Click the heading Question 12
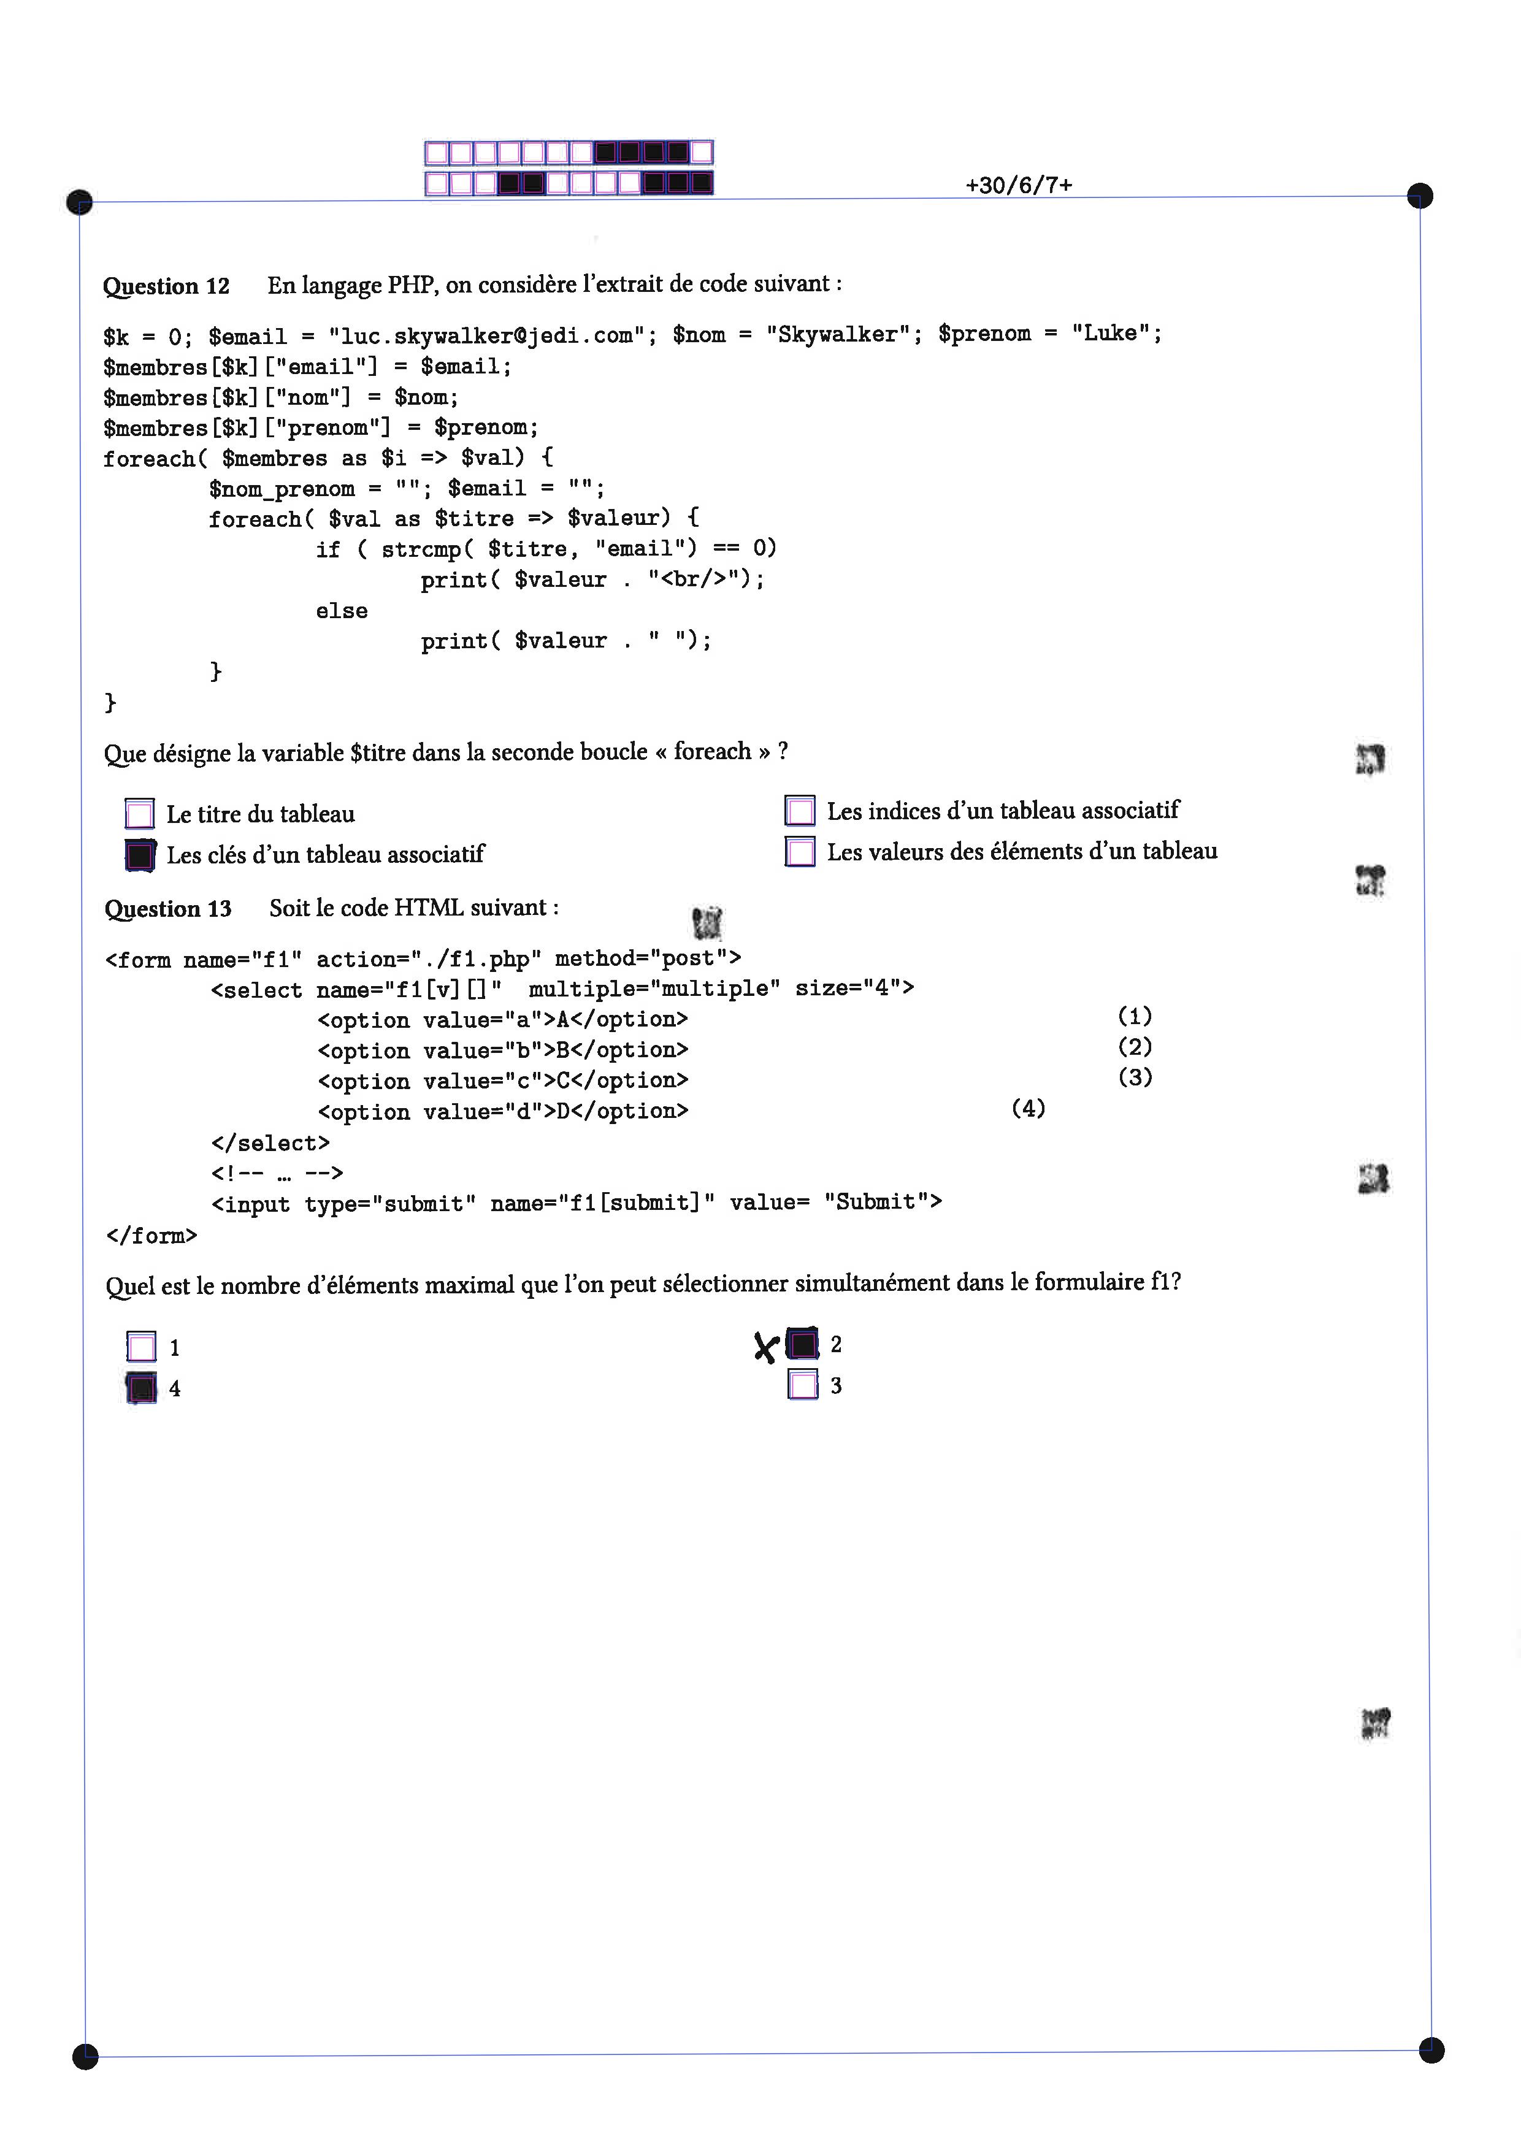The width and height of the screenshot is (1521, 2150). pos(166,286)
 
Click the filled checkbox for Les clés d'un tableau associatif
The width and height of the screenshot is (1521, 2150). pos(140,855)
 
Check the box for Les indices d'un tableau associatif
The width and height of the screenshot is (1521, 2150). pos(800,810)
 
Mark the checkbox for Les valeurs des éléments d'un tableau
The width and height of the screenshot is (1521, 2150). pos(800,851)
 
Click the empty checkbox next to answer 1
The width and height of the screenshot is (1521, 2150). pos(142,1347)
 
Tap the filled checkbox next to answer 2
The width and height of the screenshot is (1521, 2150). pos(803,1344)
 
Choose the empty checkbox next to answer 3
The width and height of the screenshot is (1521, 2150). pos(803,1385)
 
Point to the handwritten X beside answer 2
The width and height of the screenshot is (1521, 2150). pos(766,1347)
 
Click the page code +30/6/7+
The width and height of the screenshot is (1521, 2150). pos(1019,185)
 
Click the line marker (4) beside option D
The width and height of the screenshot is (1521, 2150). pos(1029,1109)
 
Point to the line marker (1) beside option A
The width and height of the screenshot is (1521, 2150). pos(1135,1016)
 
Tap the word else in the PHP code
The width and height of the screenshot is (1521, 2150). pos(342,611)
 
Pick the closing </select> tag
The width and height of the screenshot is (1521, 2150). pos(270,1143)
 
